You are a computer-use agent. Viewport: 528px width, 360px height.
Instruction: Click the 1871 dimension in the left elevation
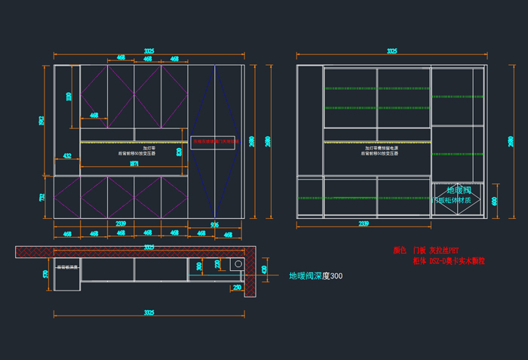134,163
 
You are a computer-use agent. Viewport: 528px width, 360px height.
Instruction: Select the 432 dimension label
67,156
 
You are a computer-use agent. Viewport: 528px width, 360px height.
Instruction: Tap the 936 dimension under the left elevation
213,224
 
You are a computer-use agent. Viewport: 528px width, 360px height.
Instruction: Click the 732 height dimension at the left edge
42,197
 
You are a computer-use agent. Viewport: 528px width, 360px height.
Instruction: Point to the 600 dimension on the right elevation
494,202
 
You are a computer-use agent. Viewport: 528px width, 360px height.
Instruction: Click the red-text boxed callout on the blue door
215,141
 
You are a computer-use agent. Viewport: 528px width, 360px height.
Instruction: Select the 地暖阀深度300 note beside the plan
315,276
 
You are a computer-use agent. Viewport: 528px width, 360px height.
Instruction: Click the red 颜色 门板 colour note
426,250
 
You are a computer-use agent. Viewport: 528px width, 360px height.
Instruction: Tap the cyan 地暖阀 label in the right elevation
458,190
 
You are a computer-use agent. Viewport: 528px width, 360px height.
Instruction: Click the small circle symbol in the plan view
237,264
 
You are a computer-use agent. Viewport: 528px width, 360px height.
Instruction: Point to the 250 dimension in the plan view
236,288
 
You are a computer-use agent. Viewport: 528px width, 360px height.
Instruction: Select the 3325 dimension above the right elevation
391,51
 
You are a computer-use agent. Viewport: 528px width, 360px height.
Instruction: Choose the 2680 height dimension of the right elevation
510,141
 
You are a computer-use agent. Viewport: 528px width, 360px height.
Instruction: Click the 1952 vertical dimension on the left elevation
42,120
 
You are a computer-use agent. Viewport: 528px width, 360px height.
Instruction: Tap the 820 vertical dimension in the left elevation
179,152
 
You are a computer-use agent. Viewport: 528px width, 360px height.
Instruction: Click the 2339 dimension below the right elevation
364,224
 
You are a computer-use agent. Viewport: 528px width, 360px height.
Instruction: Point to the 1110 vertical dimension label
69,96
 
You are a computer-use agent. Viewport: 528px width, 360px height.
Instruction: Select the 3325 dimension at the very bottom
149,312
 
